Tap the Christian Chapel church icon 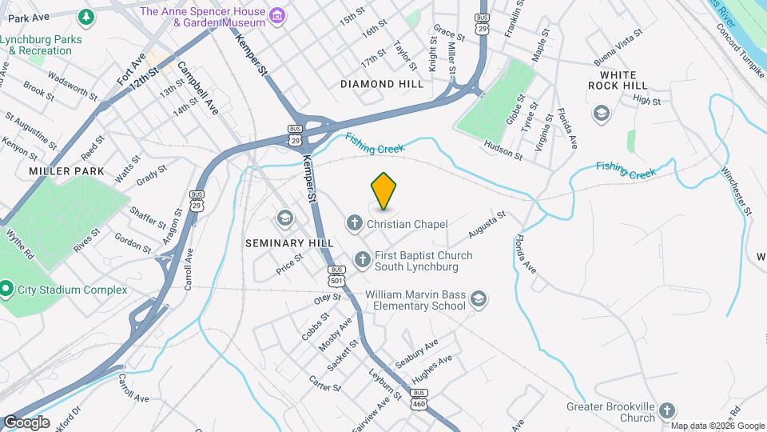coord(355,223)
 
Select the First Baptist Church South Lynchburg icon coord(363,258)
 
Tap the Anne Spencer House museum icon coord(276,16)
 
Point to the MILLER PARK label coord(56,171)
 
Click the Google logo coord(26,422)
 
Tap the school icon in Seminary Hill coord(284,218)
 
